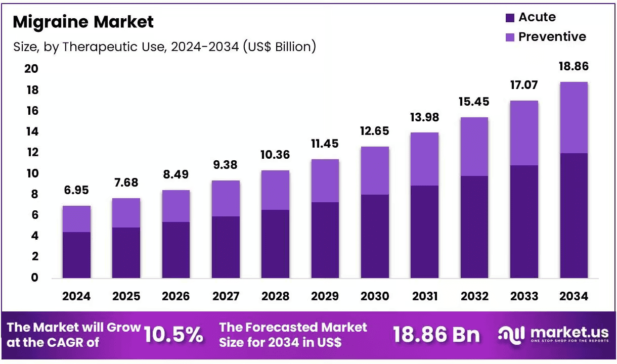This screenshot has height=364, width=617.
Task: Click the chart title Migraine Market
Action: click(83, 22)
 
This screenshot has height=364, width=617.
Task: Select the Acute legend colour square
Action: click(510, 18)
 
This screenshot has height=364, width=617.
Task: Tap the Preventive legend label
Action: click(552, 36)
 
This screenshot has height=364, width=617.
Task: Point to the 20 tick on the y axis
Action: click(31, 69)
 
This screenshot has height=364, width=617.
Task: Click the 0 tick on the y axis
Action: click(34, 278)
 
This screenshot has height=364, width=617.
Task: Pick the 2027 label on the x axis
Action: click(226, 296)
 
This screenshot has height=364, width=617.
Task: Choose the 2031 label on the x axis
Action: click(425, 296)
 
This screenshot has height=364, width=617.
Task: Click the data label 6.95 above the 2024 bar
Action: click(76, 190)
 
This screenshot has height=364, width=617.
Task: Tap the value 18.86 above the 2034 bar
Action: click(574, 66)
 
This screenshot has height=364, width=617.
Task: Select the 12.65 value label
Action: click(375, 131)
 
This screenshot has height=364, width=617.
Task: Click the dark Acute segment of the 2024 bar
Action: click(76, 255)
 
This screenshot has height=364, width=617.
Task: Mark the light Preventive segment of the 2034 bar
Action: click(574, 118)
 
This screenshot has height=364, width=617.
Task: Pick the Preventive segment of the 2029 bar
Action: click(325, 180)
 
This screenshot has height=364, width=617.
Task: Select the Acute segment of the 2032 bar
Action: click(474, 227)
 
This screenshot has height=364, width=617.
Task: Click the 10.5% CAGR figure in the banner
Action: click(173, 335)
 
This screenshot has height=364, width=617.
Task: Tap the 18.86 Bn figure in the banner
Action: click(436, 335)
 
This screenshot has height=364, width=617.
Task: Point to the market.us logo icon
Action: click(511, 335)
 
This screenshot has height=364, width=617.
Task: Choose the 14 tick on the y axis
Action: click(32, 131)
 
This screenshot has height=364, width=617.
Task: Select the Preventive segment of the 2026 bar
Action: click(176, 206)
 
